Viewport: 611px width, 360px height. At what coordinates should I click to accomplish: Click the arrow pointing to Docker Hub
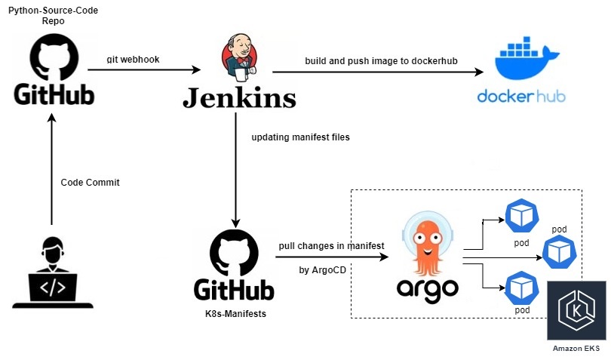pyautogui.click(x=377, y=72)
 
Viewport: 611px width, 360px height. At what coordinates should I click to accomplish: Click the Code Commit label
pyautogui.click(x=90, y=183)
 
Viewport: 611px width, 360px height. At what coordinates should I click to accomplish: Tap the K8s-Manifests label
pyautogui.click(x=234, y=311)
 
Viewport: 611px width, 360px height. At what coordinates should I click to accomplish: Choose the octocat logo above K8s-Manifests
pyautogui.click(x=234, y=253)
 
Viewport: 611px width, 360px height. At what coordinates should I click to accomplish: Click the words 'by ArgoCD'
pyautogui.click(x=323, y=269)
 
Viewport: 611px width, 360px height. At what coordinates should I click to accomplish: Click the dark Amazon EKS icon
pyautogui.click(x=576, y=311)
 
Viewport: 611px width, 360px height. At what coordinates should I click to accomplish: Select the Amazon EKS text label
pyautogui.click(x=576, y=348)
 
